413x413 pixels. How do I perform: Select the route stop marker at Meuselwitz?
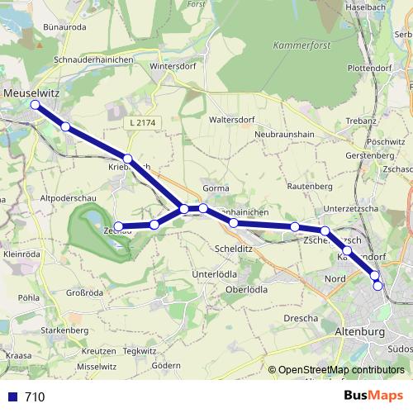click(x=35, y=105)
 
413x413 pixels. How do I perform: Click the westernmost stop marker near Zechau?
click(x=118, y=226)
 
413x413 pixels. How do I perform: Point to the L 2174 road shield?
click(x=142, y=122)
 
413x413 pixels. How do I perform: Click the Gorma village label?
click(x=215, y=188)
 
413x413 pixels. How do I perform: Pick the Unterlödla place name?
click(x=216, y=273)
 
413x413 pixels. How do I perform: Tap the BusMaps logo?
click(x=373, y=396)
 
